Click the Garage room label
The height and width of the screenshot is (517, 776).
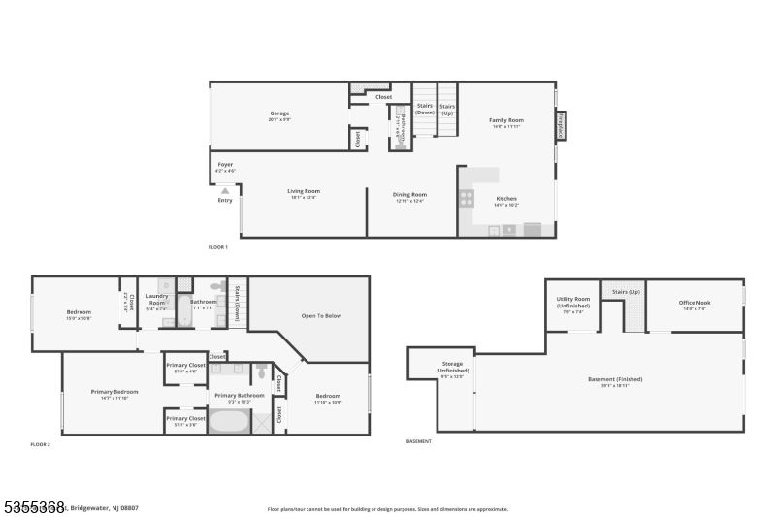(279, 115)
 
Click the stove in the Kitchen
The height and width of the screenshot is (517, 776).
(467, 198)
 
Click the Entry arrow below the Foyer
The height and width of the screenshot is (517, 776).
(225, 192)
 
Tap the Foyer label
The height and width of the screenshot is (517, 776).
(225, 167)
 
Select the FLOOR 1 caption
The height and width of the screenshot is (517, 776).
(218, 247)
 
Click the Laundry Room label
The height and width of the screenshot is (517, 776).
(156, 300)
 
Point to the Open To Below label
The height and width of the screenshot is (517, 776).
(321, 316)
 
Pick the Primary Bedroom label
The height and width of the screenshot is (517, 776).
(114, 394)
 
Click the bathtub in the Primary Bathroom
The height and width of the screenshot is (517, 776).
(229, 423)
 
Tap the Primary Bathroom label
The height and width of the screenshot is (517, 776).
(239, 397)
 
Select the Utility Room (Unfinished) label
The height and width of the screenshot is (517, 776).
(572, 304)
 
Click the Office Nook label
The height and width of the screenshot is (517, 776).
(694, 305)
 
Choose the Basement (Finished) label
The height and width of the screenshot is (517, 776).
(615, 381)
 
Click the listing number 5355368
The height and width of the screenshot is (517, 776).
(33, 506)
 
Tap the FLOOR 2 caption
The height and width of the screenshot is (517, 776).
(41, 443)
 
